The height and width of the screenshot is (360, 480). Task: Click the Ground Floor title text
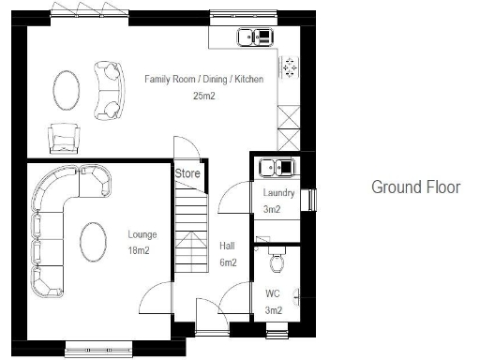point(415,187)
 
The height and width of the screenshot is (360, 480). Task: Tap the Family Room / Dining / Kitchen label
point(203,80)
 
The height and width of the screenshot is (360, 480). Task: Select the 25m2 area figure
point(202,96)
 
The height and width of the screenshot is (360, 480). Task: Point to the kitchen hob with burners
point(290,67)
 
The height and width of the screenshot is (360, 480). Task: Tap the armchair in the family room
point(63,137)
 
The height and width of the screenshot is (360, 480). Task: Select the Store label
point(187,172)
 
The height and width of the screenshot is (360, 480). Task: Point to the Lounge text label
point(142,234)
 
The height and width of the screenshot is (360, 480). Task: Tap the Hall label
point(227,247)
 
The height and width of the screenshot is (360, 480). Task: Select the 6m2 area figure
point(227,262)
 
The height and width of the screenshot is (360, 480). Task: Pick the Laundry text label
point(279,194)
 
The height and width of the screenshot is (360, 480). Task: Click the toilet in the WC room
point(276,260)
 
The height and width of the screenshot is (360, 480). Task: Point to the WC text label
point(273,295)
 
